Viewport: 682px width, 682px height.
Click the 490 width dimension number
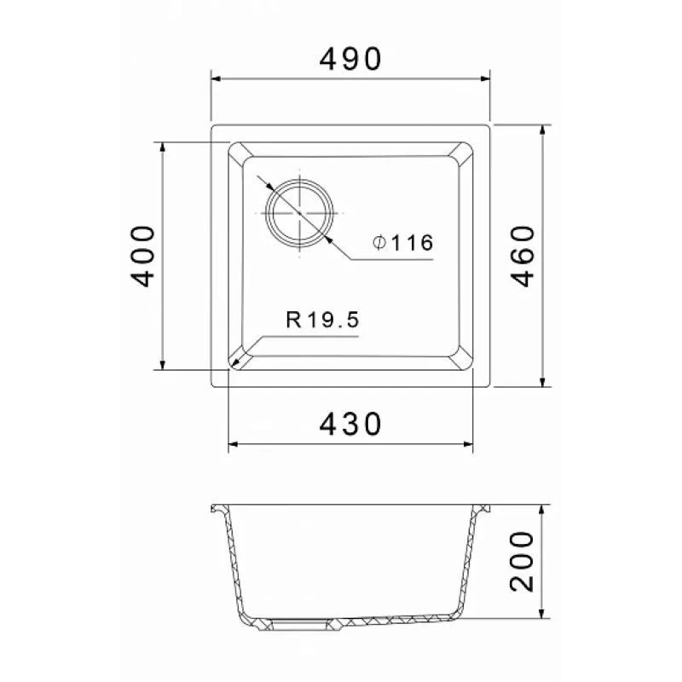350,59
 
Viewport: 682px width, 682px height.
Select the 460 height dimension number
522,257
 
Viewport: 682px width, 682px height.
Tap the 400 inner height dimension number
142,257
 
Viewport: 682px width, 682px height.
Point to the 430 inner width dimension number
350,424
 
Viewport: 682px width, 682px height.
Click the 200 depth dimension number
522,561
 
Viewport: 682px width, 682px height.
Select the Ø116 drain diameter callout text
403,243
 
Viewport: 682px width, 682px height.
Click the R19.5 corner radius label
322,320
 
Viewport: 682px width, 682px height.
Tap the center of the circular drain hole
300,213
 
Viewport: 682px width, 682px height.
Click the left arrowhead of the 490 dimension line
217,78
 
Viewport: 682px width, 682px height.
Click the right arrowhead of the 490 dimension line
485,78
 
